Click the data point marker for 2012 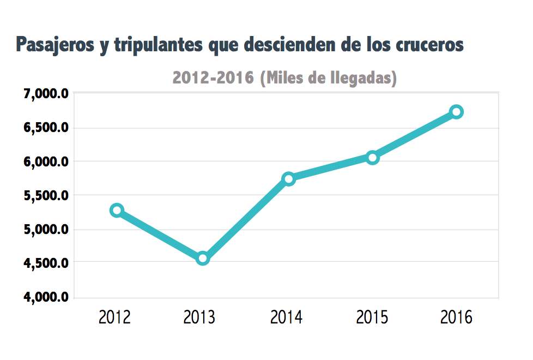[x=117, y=210]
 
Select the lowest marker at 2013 [x=202, y=258]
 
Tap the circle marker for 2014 [x=288, y=178]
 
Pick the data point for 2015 [x=373, y=158]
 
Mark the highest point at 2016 [x=457, y=112]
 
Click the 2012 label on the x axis [x=114, y=317]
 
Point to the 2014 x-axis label [x=286, y=317]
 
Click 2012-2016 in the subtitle [x=213, y=78]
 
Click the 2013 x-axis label [x=200, y=317]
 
